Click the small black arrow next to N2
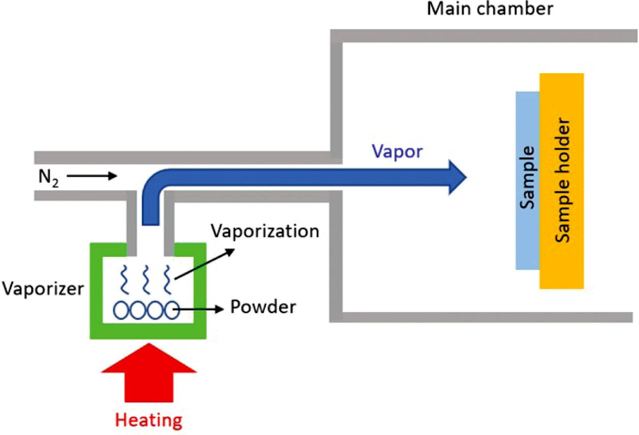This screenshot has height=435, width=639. pos(92,177)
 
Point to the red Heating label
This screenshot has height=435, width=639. pos(148,420)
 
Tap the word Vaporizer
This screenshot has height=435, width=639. pos(42,289)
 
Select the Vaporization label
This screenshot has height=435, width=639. pos(265,231)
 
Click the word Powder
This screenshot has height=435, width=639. pos(263,308)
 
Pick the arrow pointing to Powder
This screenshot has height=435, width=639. pos(201,308)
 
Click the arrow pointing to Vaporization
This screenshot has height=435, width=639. pos(203,263)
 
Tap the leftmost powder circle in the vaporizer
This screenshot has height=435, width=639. pos(123,309)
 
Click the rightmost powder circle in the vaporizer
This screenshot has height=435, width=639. pos(170,309)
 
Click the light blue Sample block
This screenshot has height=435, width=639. pos(527,180)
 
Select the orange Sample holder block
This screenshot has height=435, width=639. pos(561,181)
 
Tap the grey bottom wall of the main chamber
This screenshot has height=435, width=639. pos(483,317)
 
